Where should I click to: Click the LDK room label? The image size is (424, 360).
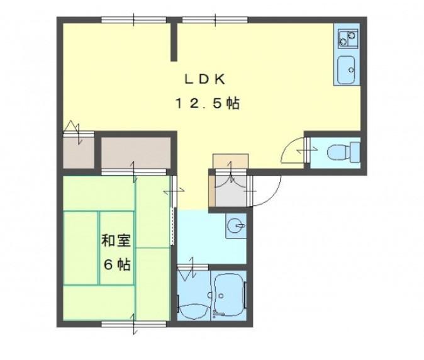204,79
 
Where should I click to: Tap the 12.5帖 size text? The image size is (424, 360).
208,103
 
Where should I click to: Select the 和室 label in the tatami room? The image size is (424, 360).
116,240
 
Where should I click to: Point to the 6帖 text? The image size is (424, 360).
118,264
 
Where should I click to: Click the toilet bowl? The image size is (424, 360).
343,152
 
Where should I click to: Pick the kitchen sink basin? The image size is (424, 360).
347,70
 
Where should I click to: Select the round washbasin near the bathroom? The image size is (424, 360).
236,225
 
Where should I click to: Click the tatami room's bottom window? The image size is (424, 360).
134,323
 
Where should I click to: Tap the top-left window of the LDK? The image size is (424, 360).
134,20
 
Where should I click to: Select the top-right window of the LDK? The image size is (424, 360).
215,20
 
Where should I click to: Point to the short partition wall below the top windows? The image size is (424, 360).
174,42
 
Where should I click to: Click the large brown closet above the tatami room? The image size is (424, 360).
136,153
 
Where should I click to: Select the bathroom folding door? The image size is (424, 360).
192,268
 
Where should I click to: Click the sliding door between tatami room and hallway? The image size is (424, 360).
173,210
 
